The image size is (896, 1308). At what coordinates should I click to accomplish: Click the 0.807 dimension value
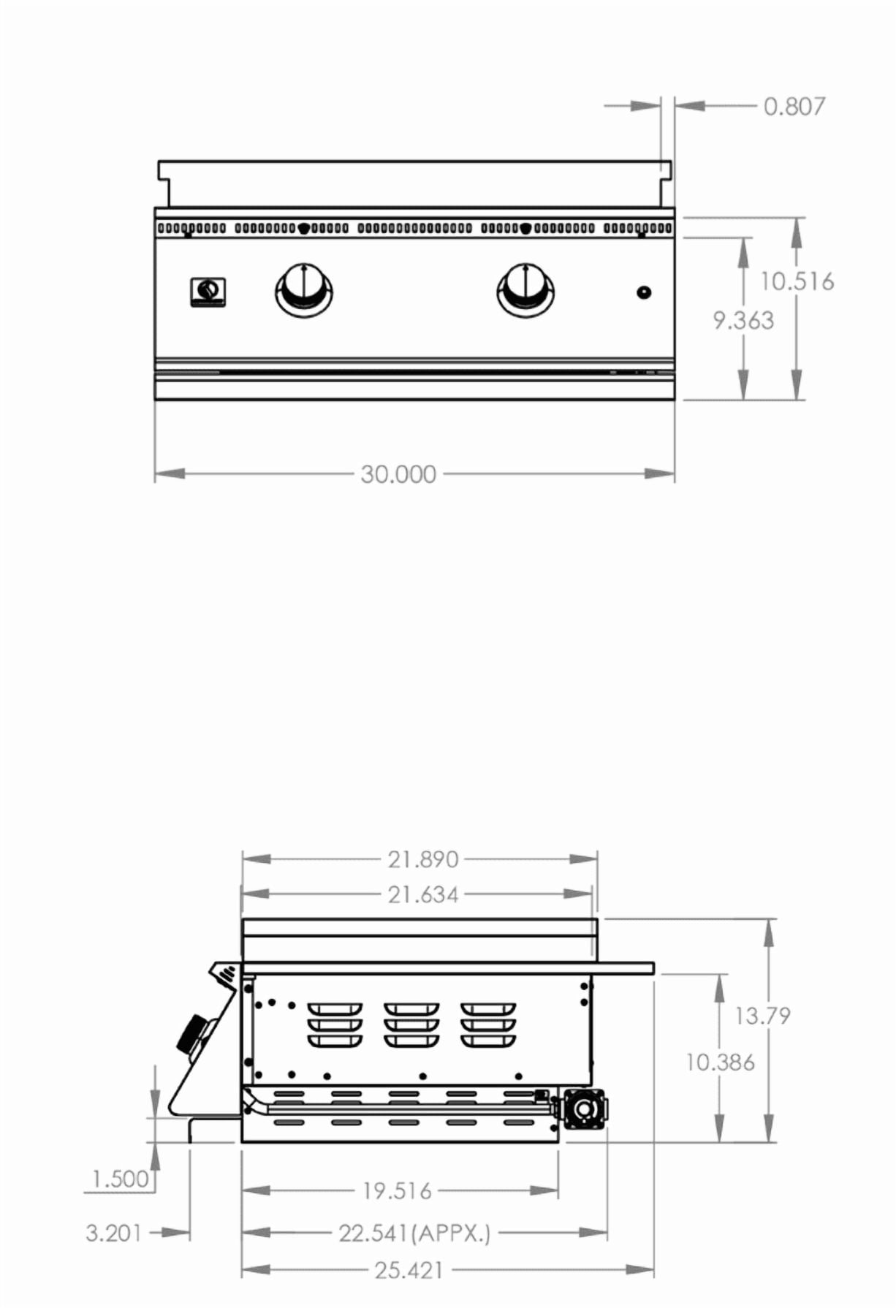[x=794, y=107]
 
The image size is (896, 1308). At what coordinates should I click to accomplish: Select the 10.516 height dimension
[x=797, y=281]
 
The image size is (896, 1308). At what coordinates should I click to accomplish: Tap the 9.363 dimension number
[x=743, y=320]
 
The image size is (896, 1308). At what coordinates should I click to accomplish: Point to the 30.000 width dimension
[x=398, y=474]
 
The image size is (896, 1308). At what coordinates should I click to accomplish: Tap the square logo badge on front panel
[x=208, y=292]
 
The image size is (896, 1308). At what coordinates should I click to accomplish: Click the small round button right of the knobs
[x=644, y=292]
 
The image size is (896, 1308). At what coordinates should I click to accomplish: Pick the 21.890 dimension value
[x=423, y=859]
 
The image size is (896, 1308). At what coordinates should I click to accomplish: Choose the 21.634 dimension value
[x=423, y=894]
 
